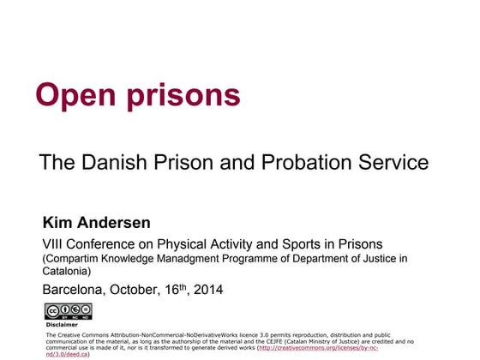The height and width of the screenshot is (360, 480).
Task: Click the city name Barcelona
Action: click(x=75, y=290)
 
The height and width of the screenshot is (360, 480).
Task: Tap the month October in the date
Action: click(x=141, y=290)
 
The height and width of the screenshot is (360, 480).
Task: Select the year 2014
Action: click(x=207, y=290)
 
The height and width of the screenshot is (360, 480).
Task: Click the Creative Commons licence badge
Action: click(x=68, y=311)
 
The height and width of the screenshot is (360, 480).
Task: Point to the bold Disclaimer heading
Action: click(x=62, y=325)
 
